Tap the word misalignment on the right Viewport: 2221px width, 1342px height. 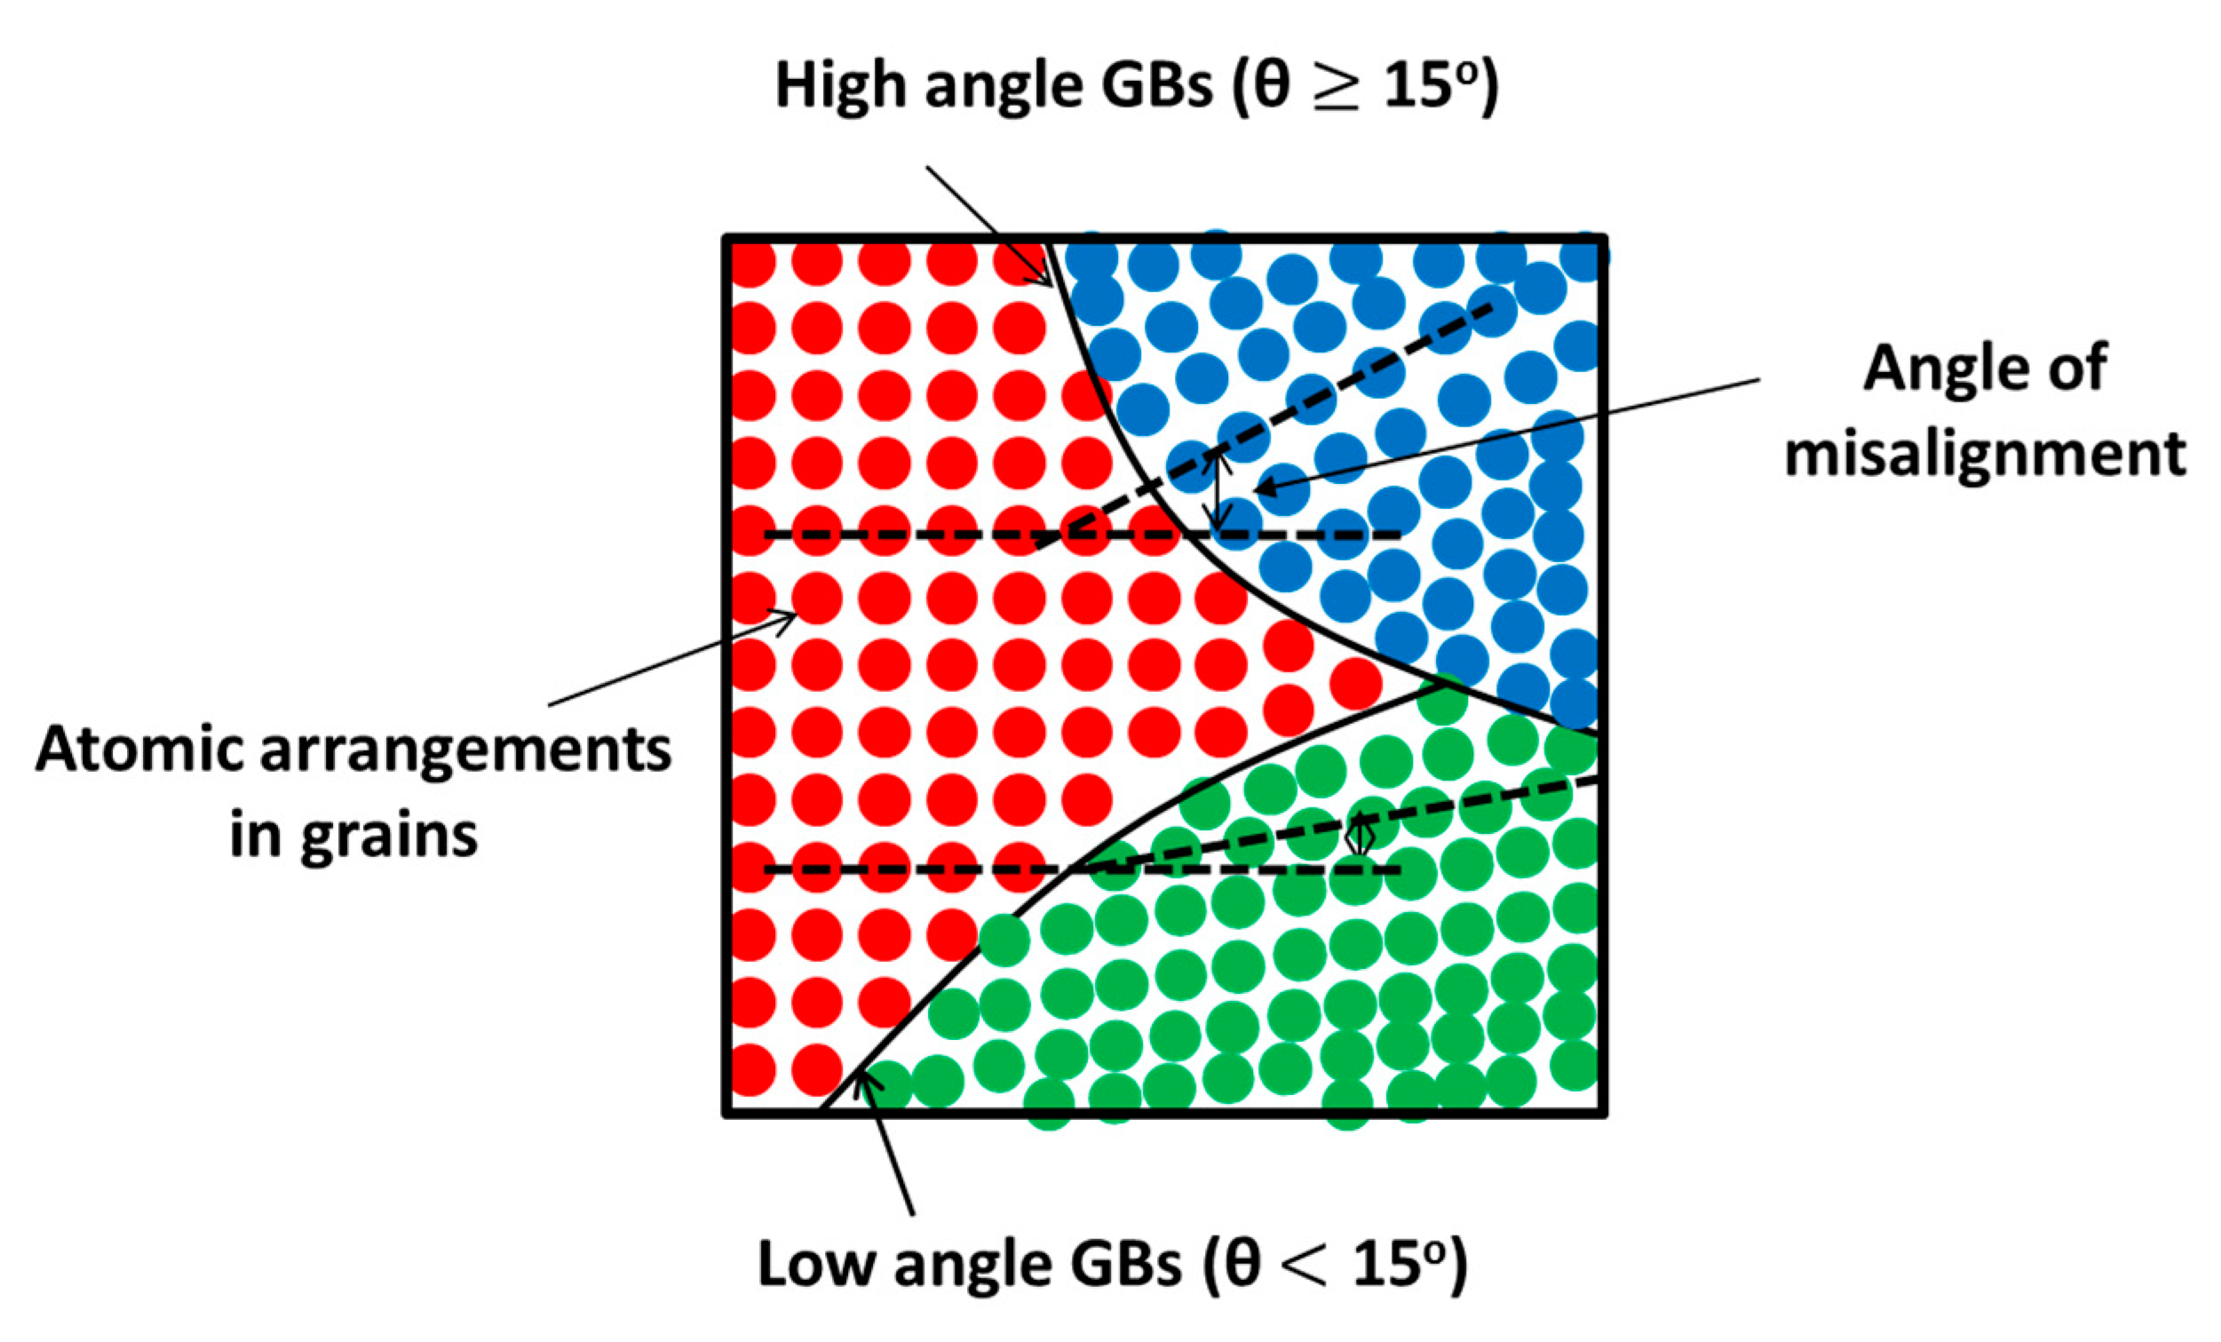(1985, 452)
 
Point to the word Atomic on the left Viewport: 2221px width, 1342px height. (140, 750)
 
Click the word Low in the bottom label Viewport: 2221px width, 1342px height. (817, 1265)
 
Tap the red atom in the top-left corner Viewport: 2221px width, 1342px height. (751, 263)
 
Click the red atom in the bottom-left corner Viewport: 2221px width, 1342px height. (751, 1070)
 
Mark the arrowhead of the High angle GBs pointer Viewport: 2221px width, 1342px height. (1045, 280)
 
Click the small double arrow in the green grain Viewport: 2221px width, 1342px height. (1359, 837)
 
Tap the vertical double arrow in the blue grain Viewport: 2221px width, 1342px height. (1218, 491)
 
